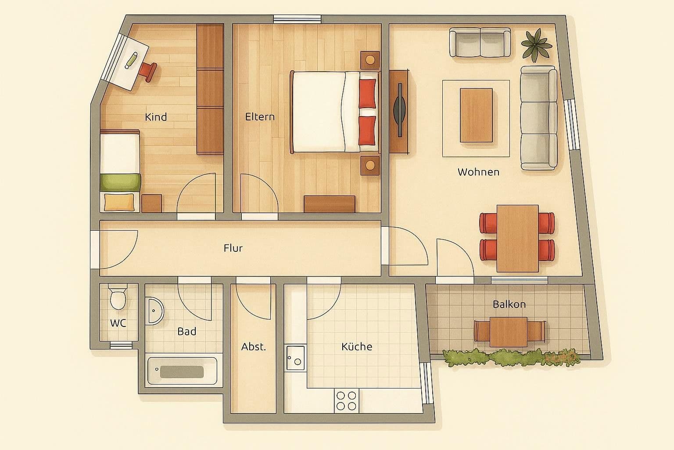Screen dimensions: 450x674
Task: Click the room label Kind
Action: [x=156, y=117]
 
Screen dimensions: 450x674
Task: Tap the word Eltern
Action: [x=260, y=117]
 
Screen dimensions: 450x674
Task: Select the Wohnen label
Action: [x=478, y=172]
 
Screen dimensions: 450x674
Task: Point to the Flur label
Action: [x=233, y=248]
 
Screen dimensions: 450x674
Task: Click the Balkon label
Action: [x=509, y=304]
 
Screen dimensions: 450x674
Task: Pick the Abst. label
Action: [x=254, y=347]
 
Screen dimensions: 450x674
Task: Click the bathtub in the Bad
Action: [x=182, y=371]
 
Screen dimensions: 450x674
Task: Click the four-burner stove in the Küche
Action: [x=347, y=400]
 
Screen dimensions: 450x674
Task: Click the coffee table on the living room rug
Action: [x=476, y=115]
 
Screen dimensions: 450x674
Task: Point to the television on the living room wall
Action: [x=399, y=111]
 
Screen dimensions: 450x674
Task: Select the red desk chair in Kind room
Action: [x=148, y=71]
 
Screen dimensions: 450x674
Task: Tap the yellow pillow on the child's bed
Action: [x=119, y=202]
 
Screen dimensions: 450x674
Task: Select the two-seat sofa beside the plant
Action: [x=480, y=43]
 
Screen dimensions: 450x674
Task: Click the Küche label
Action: [x=357, y=347]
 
